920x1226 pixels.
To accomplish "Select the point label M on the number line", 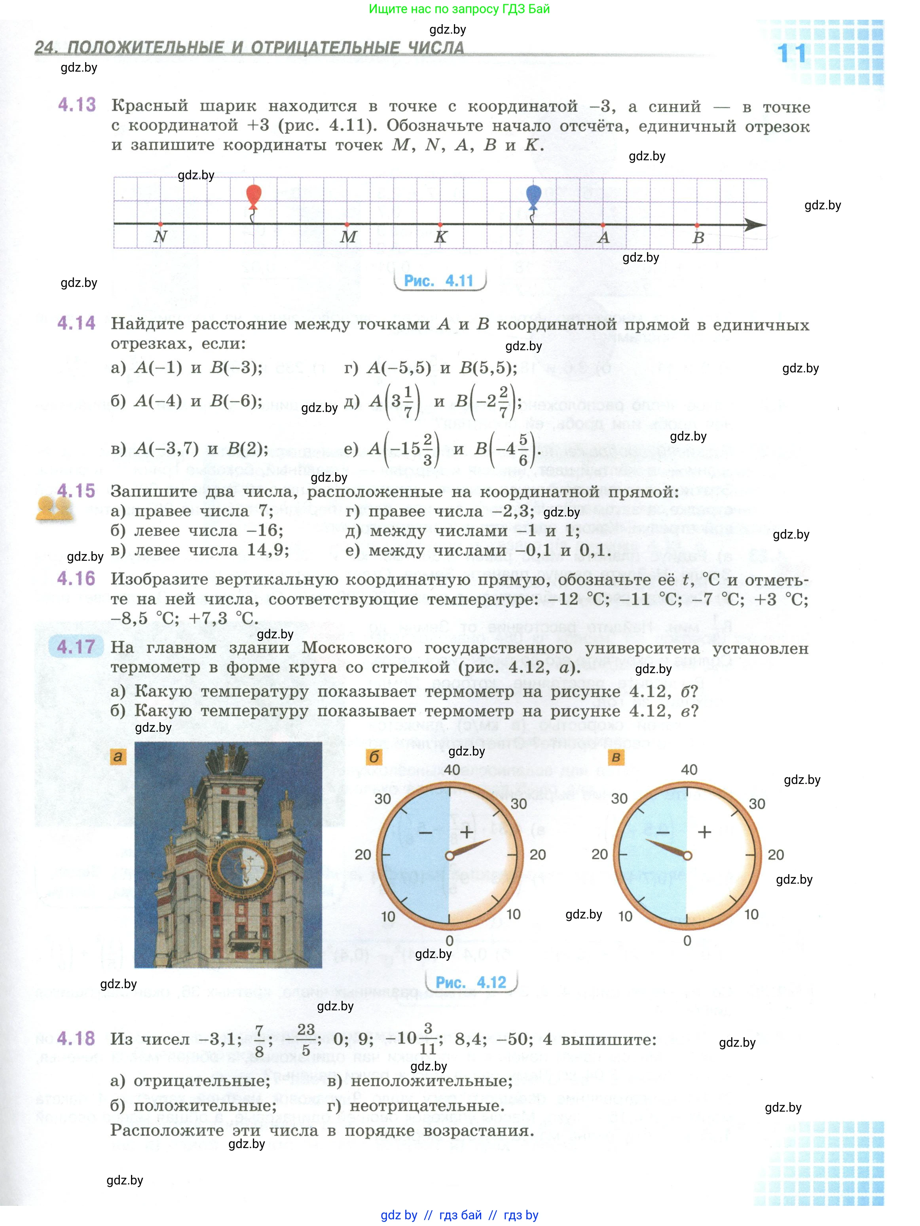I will click(348, 237).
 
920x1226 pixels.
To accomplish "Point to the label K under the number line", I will click(440, 237).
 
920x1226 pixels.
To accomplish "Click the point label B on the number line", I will click(698, 238).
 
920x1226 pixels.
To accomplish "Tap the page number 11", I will click(791, 54).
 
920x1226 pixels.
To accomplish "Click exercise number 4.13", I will click(77, 105).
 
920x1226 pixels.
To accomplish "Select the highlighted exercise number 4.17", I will click(76, 647).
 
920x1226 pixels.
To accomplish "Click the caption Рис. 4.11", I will click(439, 281).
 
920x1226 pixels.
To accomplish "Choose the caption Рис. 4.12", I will click(470, 983).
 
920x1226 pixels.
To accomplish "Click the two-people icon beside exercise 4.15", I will click(54, 508).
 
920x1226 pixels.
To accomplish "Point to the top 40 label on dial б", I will click(451, 769).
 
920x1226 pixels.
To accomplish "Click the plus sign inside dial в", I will click(704, 831).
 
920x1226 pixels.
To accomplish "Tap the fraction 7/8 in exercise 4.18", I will click(259, 1040).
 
